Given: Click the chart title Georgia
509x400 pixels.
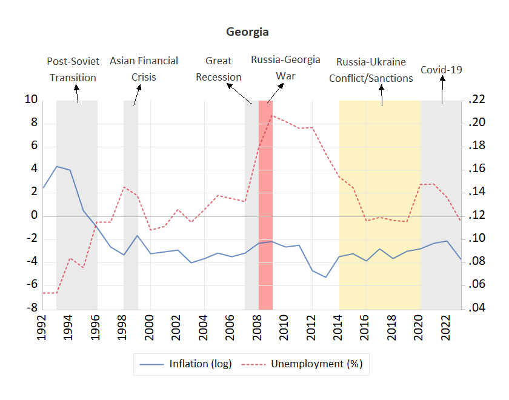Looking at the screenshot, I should (x=247, y=32).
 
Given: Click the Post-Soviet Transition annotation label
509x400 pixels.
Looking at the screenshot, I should (x=73, y=69).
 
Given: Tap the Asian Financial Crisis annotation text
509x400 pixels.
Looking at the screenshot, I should (x=144, y=69).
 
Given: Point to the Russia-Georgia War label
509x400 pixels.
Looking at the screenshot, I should (x=285, y=68).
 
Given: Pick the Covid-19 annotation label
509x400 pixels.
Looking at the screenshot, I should (x=441, y=70).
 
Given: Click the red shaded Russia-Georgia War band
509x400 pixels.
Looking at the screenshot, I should (x=265, y=206).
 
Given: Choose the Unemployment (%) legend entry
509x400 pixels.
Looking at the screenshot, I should (x=307, y=364).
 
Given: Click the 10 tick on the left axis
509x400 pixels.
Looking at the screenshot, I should (x=31, y=100).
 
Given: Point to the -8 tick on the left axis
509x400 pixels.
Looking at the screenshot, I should (x=31, y=308).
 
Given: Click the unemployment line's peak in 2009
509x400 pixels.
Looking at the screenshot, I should (x=272, y=115).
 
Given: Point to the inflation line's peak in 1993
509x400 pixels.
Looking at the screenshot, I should (x=56, y=166).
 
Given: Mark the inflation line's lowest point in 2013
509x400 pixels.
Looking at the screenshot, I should (x=326, y=277).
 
